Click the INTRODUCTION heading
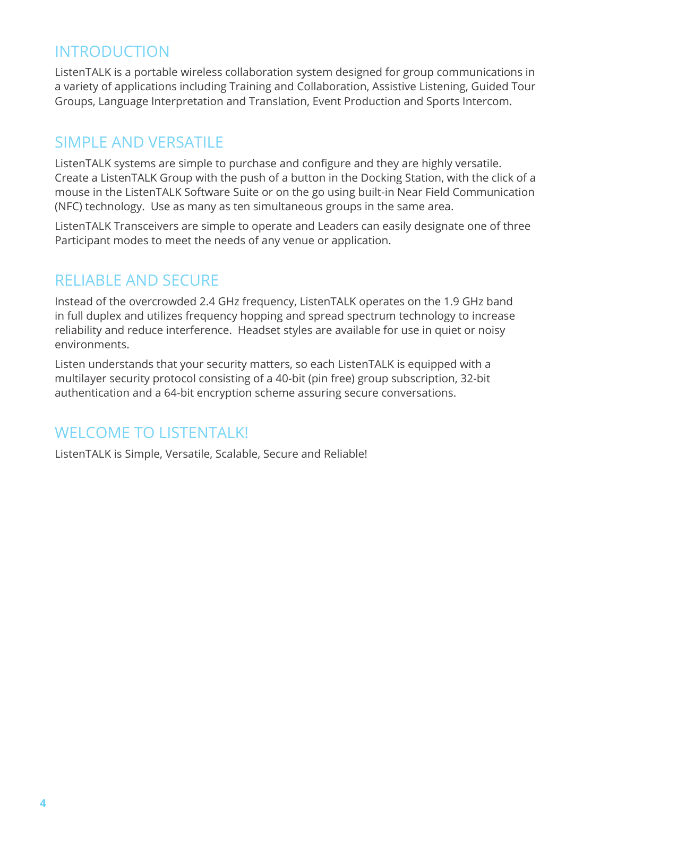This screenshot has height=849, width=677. point(112,52)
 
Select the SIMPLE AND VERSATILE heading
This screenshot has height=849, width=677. point(139,142)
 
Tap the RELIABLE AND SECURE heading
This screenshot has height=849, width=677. point(136,280)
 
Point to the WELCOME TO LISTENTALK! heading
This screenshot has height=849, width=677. point(151,433)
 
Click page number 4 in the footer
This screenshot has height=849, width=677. point(43,803)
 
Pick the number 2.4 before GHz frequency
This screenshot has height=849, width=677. point(208,302)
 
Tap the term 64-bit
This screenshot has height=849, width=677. point(179,393)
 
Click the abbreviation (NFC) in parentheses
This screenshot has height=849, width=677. point(68,207)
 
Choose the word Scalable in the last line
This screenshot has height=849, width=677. point(236,454)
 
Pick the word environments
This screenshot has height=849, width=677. point(92,345)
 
